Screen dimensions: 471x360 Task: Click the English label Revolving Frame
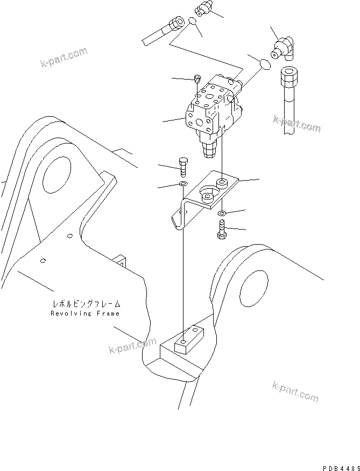(86, 313)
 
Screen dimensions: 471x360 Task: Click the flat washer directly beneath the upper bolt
(182, 185)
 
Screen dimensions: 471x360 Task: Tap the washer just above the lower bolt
(222, 214)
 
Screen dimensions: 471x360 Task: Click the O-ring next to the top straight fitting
(192, 22)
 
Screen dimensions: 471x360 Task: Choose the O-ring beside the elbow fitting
(265, 64)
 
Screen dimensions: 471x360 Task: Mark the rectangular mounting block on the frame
(186, 342)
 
